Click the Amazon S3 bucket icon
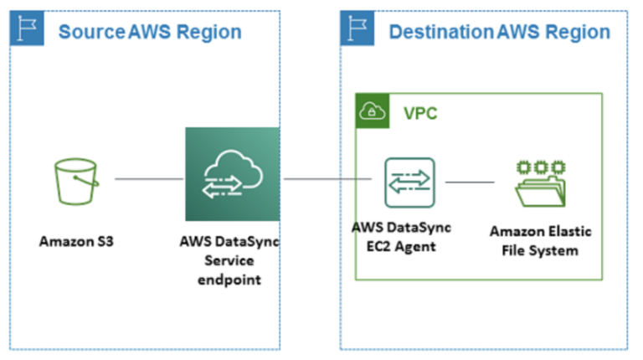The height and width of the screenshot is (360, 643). [x=76, y=180]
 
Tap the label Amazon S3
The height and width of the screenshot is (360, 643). [x=76, y=242]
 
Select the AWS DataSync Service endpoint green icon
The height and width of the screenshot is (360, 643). [x=232, y=174]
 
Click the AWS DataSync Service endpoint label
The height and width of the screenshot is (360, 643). [x=229, y=260]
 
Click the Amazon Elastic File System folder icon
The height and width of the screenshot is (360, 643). [x=539, y=182]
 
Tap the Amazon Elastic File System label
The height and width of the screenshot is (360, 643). [x=539, y=241]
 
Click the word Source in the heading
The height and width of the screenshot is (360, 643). [x=91, y=33]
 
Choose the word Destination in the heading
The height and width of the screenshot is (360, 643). [x=440, y=33]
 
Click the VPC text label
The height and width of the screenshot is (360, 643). [x=420, y=112]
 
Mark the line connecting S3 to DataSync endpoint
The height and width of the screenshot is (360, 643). [x=149, y=178]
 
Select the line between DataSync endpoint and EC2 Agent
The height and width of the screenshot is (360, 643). [x=327, y=178]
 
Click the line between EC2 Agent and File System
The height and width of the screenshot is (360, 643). [x=470, y=182]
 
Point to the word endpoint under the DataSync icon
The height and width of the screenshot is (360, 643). [x=229, y=280]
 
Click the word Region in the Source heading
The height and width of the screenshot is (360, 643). [x=210, y=33]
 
